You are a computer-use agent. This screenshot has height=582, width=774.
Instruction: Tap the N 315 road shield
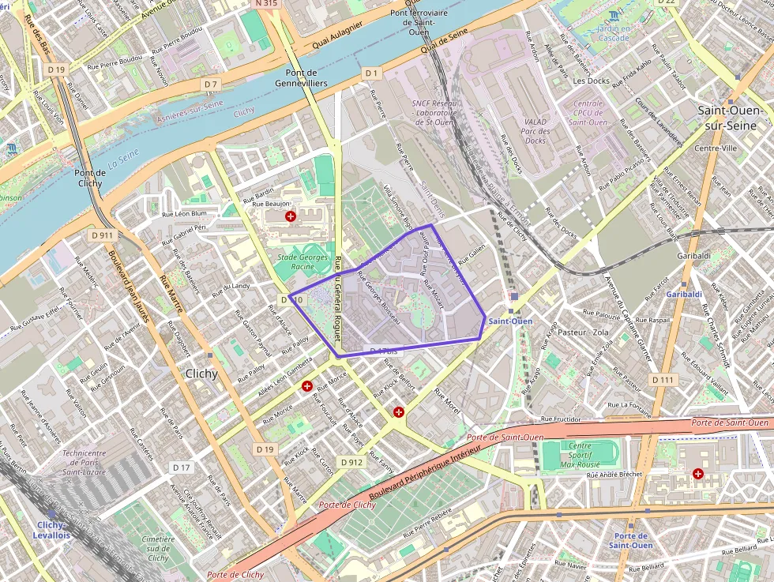click(x=267, y=4)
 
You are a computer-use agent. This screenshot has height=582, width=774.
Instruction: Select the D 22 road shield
click(x=667, y=2)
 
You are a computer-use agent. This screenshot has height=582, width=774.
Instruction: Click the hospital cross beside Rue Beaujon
click(x=291, y=216)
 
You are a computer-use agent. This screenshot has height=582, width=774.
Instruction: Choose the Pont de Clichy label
click(x=89, y=178)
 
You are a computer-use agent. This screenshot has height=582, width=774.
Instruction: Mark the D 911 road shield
click(x=102, y=235)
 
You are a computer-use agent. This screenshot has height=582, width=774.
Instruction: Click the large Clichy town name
click(x=201, y=374)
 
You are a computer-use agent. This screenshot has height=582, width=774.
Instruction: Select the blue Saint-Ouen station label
click(x=510, y=321)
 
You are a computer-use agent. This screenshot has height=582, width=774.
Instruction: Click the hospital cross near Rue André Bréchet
click(x=698, y=474)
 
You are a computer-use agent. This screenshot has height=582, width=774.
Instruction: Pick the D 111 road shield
click(x=663, y=380)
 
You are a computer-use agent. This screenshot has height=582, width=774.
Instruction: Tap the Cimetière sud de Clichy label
click(x=158, y=548)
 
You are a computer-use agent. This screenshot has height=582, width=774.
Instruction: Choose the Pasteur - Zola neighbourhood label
click(x=583, y=332)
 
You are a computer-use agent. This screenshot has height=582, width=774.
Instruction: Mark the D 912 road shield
click(x=351, y=461)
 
